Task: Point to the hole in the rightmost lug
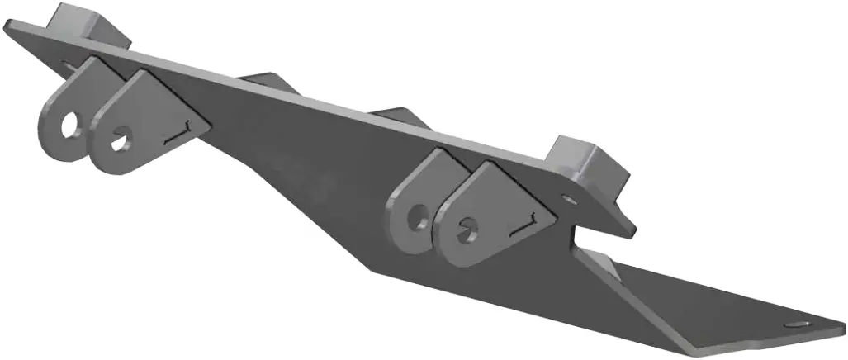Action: [468, 225]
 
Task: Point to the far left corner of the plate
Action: [7, 28]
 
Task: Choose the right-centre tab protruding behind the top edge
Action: [397, 116]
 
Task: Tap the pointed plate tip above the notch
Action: [632, 232]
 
